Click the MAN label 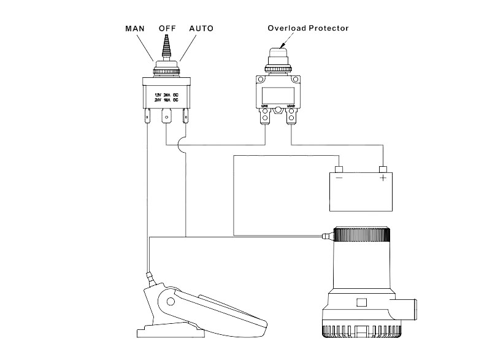(135, 28)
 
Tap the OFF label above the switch (167, 28)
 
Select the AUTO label (201, 28)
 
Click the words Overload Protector (308, 28)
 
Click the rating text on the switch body (166, 98)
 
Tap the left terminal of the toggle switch (147, 116)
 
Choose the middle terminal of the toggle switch (166, 117)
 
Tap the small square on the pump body (361, 302)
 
